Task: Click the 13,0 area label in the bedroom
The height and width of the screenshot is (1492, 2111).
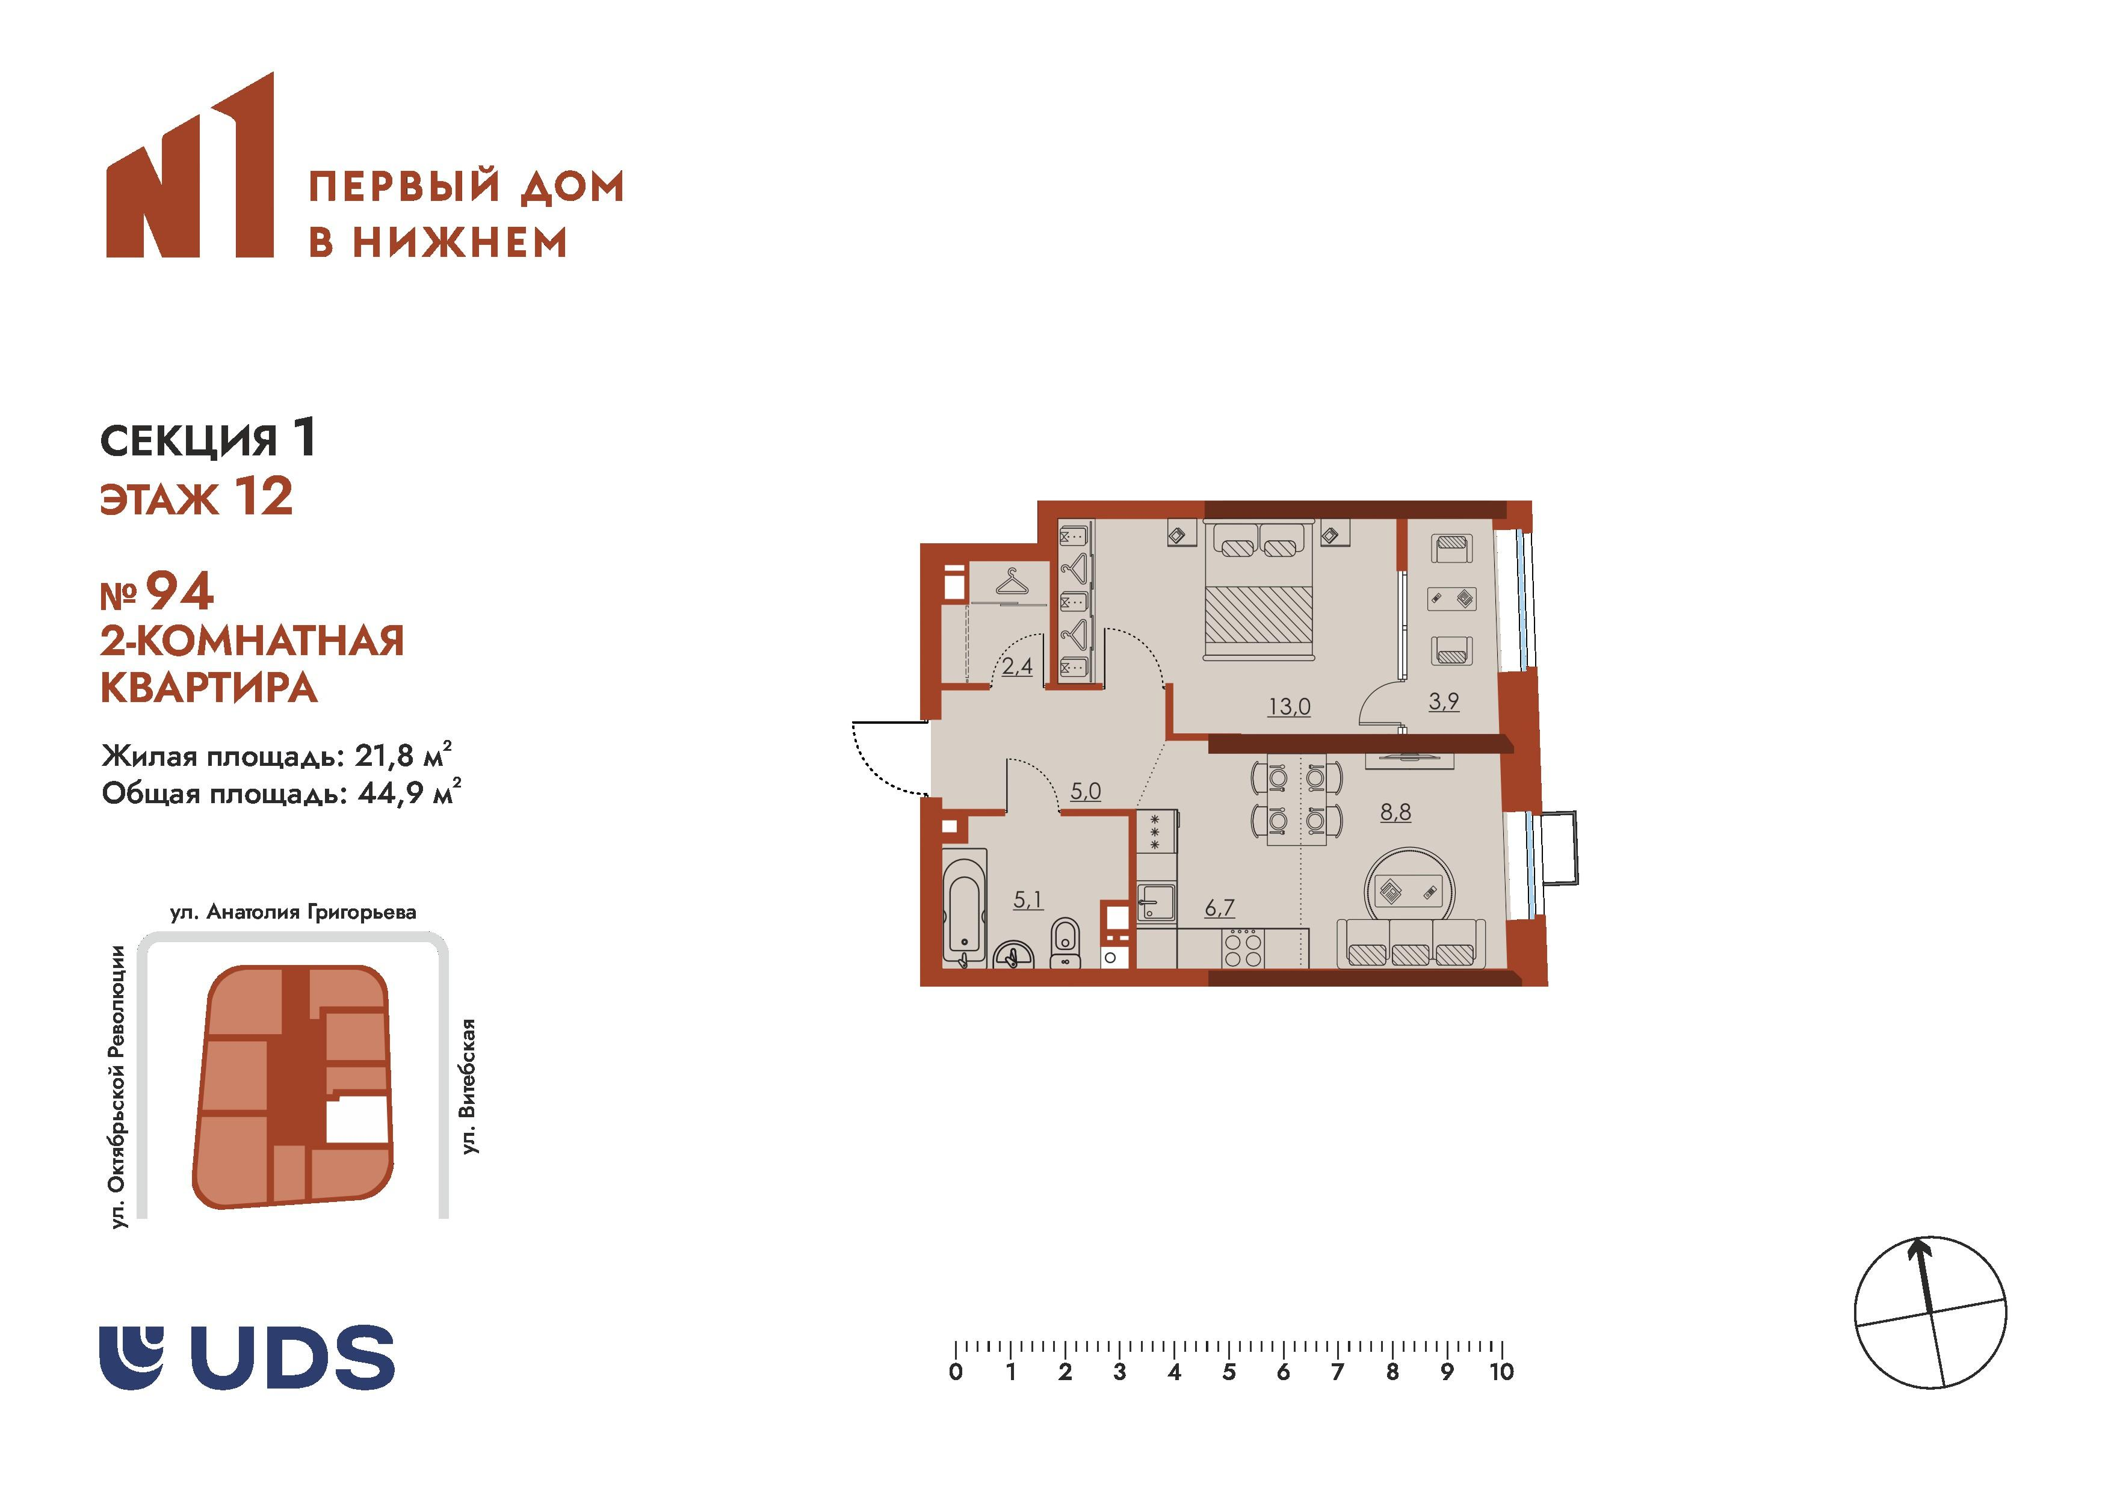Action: [x=1289, y=706]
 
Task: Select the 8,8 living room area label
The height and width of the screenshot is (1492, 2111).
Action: [x=1395, y=811]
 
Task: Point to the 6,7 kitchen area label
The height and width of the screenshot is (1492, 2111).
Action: [x=1219, y=907]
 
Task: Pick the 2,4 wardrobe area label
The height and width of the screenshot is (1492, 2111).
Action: [x=1017, y=665]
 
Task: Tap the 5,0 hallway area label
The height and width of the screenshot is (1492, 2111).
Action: [x=1085, y=791]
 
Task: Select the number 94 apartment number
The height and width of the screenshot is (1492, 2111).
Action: [x=180, y=591]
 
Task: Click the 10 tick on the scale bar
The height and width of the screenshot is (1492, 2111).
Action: [x=1501, y=1372]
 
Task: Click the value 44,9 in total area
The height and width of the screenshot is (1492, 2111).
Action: [x=390, y=792]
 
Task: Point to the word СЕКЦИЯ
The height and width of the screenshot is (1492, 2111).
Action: [x=188, y=441]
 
